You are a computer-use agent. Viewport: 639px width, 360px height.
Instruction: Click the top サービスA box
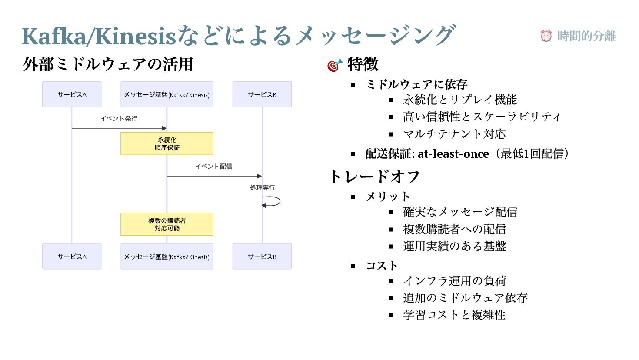pos(72,94)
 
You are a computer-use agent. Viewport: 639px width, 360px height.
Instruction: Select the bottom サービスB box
pos(262,257)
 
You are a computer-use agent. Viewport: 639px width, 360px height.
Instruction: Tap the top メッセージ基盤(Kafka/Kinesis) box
pos(167,94)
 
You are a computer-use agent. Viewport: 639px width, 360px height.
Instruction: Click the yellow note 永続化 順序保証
pos(167,143)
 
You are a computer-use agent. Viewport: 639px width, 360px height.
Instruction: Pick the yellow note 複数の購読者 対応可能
pos(167,224)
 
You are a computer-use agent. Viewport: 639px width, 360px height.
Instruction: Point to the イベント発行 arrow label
pos(119,119)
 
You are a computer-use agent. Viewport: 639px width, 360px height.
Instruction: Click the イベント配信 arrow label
pos(213,167)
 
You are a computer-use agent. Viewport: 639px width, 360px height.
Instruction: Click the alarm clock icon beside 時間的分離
pos(546,36)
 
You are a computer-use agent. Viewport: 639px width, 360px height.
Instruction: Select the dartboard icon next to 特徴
pos(335,65)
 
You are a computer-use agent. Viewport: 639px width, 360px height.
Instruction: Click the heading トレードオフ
pos(374,177)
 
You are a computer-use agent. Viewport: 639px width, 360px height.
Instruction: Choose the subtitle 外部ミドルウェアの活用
pos(108,64)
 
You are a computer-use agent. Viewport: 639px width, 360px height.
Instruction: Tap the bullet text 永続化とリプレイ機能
pos(460,100)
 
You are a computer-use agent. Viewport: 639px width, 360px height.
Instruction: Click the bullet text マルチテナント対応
pos(454,134)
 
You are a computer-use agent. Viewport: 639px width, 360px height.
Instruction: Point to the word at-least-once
pos(453,154)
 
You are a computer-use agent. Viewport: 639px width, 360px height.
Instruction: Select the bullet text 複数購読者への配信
pos(454,229)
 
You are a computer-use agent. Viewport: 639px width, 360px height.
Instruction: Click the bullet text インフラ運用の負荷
pos(454,281)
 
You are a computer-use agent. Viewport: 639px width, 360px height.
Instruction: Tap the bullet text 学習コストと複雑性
pos(454,315)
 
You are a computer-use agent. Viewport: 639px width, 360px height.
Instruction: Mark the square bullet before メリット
pos(353,197)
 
